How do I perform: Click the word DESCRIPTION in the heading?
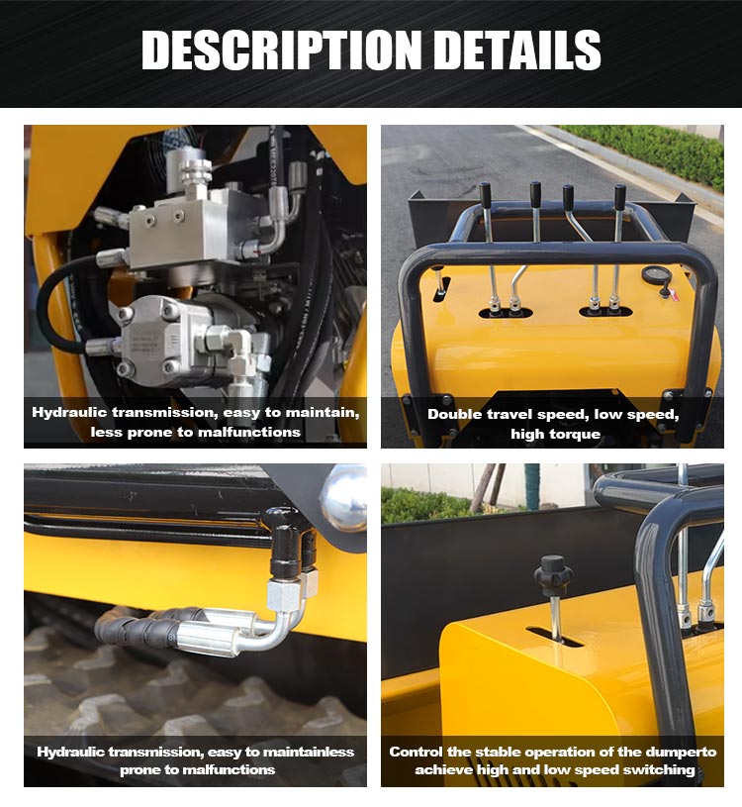point(282,50)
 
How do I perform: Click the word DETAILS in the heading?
point(517,50)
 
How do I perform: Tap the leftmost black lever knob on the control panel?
point(485,196)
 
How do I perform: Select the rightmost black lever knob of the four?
point(620,197)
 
